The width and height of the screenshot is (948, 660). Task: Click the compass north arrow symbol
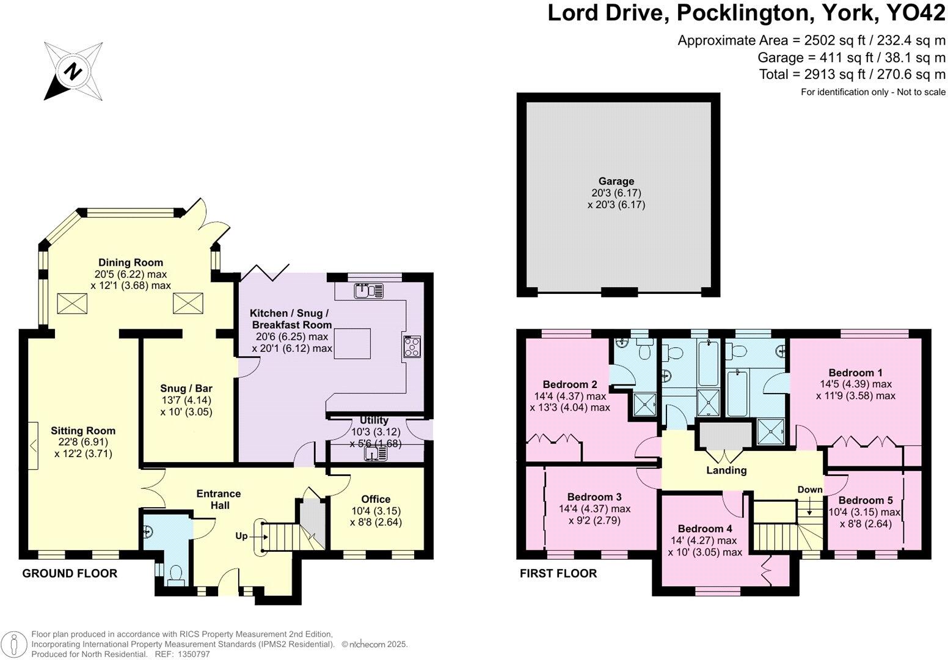pyautogui.click(x=73, y=71)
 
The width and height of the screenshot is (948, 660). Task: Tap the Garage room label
pyautogui.click(x=616, y=181)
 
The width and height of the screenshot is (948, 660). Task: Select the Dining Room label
pyautogui.click(x=130, y=263)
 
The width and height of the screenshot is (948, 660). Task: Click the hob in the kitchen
pyautogui.click(x=412, y=346)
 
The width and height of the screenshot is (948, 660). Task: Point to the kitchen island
pyautogui.click(x=352, y=343)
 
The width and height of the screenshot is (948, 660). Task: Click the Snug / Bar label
pyautogui.click(x=186, y=389)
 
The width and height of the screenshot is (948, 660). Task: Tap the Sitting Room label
pyautogui.click(x=83, y=431)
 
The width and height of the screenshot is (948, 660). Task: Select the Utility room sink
pyautogui.click(x=376, y=454)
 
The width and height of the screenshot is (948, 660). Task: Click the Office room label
pyautogui.click(x=376, y=499)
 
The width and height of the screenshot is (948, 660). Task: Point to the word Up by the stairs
pyautogui.click(x=241, y=536)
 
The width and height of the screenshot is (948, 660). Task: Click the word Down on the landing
pyautogui.click(x=810, y=490)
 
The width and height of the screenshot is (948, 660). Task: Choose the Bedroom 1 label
pyautogui.click(x=855, y=373)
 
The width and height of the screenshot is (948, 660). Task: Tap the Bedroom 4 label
pyautogui.click(x=705, y=529)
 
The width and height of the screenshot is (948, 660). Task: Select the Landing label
pyautogui.click(x=726, y=471)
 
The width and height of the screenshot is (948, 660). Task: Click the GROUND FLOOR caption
pyautogui.click(x=70, y=574)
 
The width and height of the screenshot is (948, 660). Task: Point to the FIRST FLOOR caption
pyautogui.click(x=558, y=574)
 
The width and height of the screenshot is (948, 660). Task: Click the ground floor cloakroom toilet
pyautogui.click(x=176, y=576)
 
